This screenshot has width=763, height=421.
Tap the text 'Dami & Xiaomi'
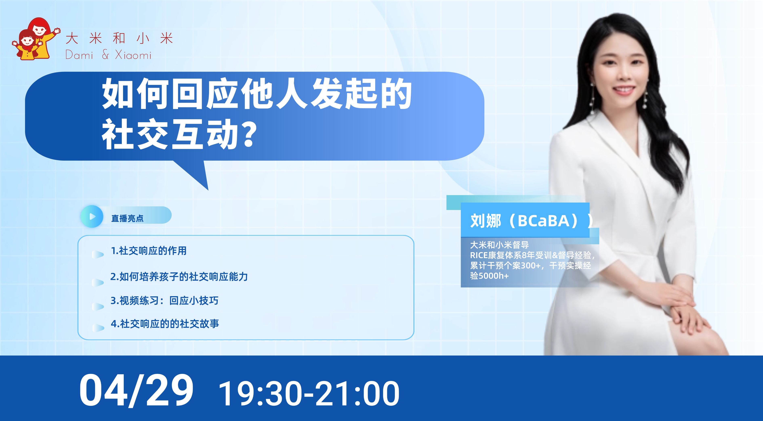(108, 55)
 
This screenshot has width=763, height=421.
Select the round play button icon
(92, 217)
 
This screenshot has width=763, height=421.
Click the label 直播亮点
(127, 218)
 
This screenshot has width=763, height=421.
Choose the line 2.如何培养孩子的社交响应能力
(179, 277)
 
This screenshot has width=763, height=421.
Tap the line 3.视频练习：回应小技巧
(164, 301)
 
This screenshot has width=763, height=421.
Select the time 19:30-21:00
(309, 394)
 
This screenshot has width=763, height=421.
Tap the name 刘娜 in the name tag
(486, 221)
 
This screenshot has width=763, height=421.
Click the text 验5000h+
(489, 276)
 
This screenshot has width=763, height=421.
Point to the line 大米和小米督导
(499, 245)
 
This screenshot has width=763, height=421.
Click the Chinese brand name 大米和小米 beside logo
(119, 39)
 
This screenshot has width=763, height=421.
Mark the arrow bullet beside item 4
(98, 328)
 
